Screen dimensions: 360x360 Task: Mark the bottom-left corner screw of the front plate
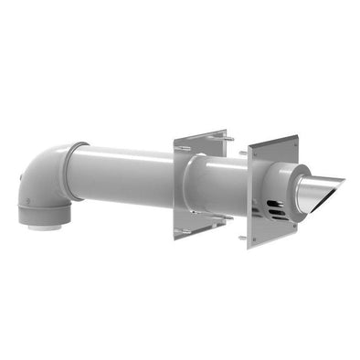tap(243, 238)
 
